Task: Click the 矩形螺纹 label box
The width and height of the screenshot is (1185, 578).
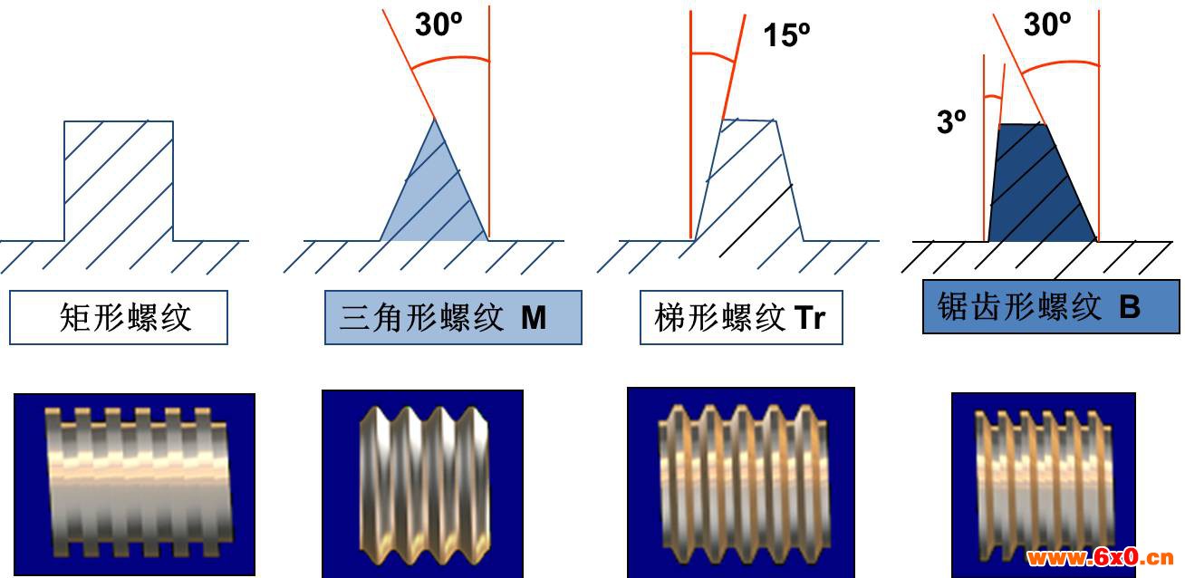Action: (x=119, y=317)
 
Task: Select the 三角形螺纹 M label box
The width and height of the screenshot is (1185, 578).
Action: (x=453, y=317)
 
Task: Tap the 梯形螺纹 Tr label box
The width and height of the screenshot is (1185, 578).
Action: (x=741, y=317)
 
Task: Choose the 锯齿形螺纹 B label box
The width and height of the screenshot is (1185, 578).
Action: (x=1051, y=307)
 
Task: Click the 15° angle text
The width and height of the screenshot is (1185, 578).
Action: (x=786, y=35)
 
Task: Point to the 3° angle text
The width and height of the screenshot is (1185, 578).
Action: (x=951, y=121)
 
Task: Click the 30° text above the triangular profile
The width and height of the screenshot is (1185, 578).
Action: (x=438, y=24)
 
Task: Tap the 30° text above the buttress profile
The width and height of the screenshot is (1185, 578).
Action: (x=1047, y=24)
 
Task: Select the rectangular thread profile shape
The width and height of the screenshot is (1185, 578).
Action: (x=119, y=181)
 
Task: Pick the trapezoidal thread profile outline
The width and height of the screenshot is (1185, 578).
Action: (x=748, y=180)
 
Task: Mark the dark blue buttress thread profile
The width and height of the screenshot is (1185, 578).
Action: (x=1042, y=183)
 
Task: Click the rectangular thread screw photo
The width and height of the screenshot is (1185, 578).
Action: (x=134, y=484)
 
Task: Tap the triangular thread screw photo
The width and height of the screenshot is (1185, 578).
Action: (x=423, y=484)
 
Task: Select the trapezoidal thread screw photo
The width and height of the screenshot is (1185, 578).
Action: (x=741, y=482)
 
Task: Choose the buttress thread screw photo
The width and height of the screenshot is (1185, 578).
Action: (x=1044, y=485)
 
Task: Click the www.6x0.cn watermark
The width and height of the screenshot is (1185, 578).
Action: (x=1100, y=557)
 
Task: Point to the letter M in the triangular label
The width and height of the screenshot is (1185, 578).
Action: (x=534, y=318)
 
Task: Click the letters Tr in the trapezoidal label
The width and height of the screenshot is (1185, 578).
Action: (x=809, y=318)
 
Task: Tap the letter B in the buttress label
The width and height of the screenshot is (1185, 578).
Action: (x=1130, y=307)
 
